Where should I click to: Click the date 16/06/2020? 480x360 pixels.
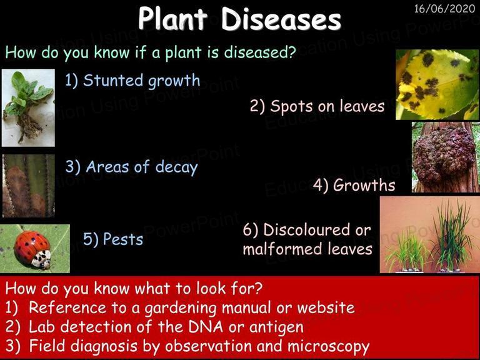click(444, 9)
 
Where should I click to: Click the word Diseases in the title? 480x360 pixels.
click(281, 19)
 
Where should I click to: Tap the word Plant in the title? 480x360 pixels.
click(172, 18)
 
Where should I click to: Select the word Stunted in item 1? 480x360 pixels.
click(113, 80)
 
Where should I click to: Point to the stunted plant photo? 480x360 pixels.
click(28, 107)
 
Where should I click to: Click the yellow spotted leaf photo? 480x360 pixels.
click(437, 84)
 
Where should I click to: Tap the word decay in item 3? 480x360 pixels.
click(177, 167)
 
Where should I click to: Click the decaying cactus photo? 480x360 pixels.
click(29, 186)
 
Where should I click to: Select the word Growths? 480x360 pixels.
click(364, 185)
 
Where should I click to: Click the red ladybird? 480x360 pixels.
click(32, 249)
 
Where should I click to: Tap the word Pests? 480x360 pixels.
click(123, 239)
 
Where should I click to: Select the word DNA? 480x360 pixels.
click(206, 327)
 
